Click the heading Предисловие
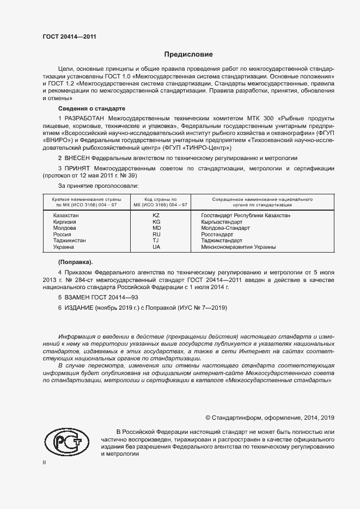188,54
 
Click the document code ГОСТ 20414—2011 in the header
69,37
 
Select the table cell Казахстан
66,216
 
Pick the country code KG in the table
156,222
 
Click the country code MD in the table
156,228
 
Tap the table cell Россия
62,234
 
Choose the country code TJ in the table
156,240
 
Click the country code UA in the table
156,247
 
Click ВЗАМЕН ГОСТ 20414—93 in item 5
98,298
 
